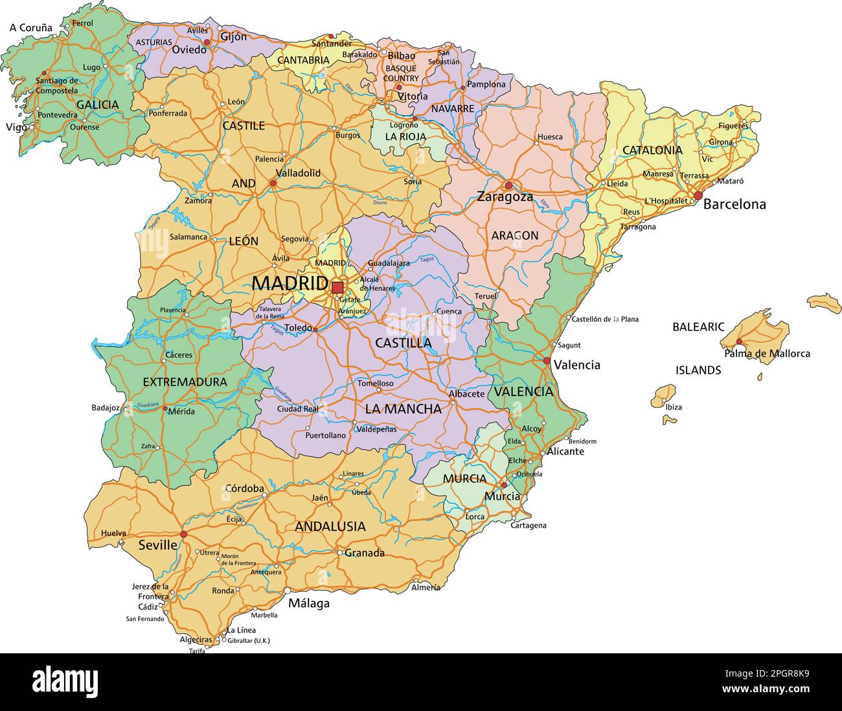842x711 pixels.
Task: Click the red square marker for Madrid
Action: coord(337,287)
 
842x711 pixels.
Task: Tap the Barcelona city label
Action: coord(734,204)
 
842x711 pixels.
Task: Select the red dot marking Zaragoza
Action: coord(508,185)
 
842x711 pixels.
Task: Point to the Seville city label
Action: coord(157,545)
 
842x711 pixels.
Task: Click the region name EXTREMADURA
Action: coord(185,382)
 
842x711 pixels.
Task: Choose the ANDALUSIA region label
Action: coord(330,526)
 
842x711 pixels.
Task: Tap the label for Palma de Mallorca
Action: coord(767,353)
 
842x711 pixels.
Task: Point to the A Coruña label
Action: coord(30,28)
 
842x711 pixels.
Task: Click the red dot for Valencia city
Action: coord(547,361)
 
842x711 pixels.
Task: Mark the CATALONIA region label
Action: coord(652,150)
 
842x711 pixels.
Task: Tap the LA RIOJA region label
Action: coord(405,137)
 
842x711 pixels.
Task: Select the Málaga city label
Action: coord(309,603)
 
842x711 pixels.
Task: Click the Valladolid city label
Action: coord(298,173)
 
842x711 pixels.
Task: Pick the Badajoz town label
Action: coord(106,408)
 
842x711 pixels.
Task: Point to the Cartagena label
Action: coord(529,525)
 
